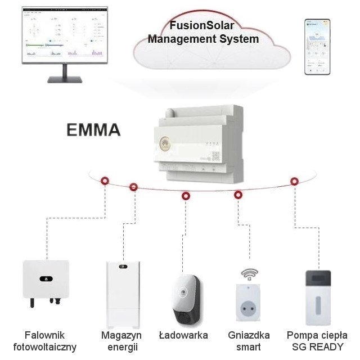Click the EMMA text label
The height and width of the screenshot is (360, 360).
tap(94, 130)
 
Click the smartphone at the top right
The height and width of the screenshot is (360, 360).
tap(317, 47)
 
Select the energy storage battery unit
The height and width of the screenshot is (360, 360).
tap(121, 291)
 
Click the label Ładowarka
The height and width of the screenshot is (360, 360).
tap(183, 335)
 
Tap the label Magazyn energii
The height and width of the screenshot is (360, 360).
tap(121, 341)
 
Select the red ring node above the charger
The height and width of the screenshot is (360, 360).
tap(186, 196)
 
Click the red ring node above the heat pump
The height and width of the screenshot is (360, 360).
tap(294, 181)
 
